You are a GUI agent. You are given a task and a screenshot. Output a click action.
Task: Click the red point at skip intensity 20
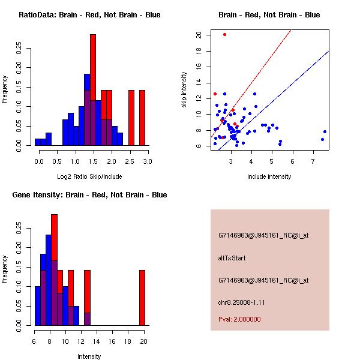[x=224, y=34]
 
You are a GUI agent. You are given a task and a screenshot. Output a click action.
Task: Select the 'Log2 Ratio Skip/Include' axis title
[x=89, y=177]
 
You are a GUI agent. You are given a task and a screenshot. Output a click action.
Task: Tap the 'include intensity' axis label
[x=269, y=176]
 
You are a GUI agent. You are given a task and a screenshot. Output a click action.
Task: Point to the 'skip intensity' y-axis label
[x=186, y=89]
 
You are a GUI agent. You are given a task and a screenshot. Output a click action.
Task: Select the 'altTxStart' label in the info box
[x=232, y=258]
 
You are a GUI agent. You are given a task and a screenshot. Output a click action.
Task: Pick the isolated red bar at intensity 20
[x=142, y=298]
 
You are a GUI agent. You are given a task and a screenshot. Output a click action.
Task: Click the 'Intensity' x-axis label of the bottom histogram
[x=89, y=356]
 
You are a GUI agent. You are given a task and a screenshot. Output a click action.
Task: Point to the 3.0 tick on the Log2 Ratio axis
[x=148, y=161]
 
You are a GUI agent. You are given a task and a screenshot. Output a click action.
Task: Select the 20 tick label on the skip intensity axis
[x=199, y=34]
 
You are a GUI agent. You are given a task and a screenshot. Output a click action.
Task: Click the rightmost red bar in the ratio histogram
[x=142, y=118]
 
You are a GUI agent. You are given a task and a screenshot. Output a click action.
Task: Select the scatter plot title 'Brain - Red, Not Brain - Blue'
[x=269, y=15]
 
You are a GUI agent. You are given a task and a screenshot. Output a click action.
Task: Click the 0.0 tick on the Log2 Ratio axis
[x=40, y=161]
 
